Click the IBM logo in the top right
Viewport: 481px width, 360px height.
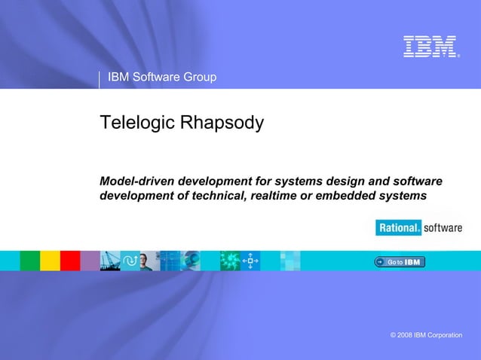(430, 46)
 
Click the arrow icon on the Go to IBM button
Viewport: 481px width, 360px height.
(380, 261)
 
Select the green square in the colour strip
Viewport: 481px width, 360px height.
(29, 261)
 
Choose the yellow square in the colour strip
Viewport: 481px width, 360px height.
(50, 261)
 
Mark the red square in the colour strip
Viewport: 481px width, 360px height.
(70, 261)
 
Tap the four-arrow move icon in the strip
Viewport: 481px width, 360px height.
(250, 261)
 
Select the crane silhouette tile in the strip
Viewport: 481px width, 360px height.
(109, 261)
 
